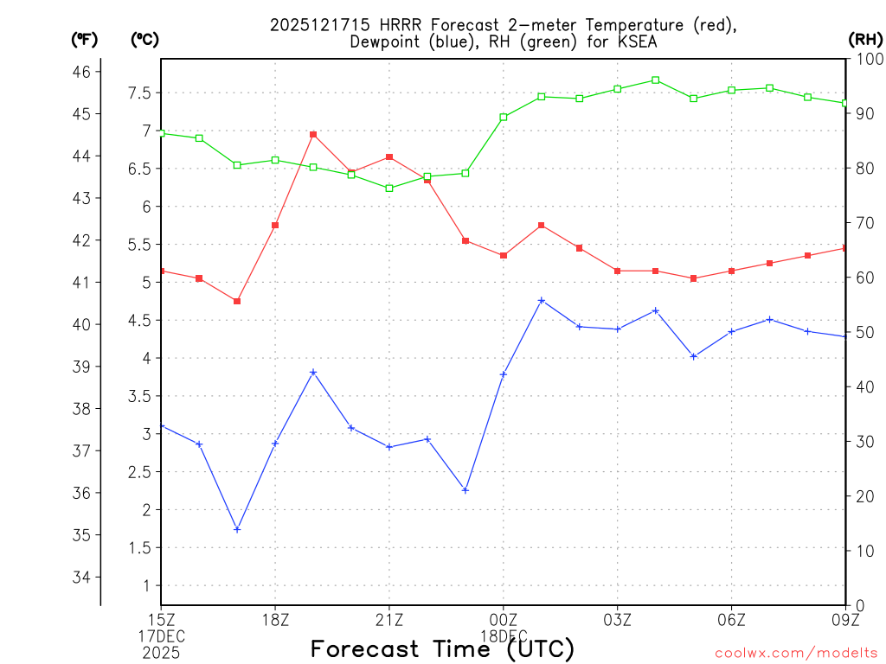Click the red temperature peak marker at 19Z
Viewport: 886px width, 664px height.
tap(313, 134)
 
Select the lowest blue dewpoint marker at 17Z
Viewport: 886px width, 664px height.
tap(237, 529)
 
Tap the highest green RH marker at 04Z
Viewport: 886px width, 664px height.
tap(655, 80)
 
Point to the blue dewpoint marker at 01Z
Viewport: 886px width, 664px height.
tap(542, 300)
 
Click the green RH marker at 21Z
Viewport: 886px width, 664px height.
tap(389, 188)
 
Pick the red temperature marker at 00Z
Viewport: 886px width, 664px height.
tap(503, 255)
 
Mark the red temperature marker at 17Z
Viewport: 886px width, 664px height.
tap(237, 301)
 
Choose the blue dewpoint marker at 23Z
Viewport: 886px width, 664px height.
tap(465, 490)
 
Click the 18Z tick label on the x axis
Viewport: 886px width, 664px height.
tap(275, 619)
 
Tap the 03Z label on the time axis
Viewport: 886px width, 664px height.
tap(617, 619)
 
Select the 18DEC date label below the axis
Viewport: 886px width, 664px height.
tap(503, 636)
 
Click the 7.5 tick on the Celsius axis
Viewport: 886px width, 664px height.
tap(140, 93)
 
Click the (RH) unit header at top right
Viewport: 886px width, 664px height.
tap(865, 39)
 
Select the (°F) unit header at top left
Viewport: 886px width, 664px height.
tap(84, 39)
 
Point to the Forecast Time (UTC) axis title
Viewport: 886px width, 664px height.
tap(442, 648)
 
